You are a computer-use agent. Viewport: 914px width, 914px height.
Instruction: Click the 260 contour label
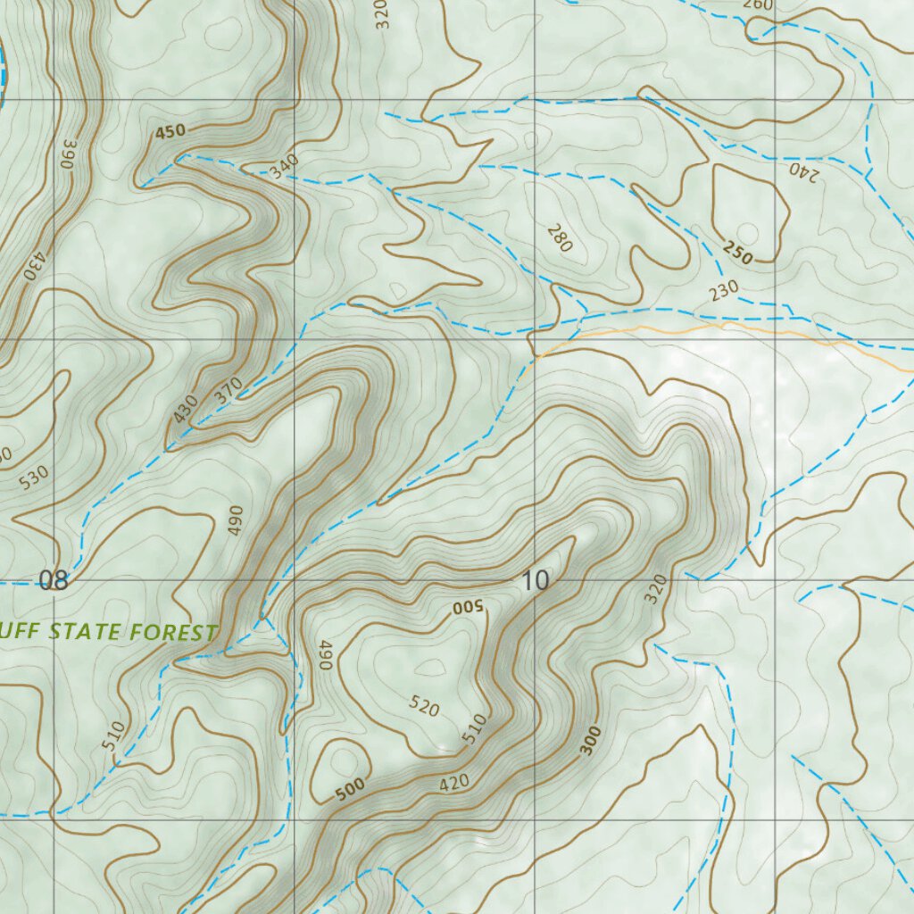click(x=758, y=5)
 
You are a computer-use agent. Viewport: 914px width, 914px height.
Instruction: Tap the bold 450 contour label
click(x=170, y=132)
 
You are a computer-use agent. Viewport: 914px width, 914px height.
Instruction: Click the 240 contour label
click(x=802, y=170)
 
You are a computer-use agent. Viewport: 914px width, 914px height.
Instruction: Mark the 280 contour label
click(x=559, y=238)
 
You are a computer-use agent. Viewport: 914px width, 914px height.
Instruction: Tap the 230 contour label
click(x=725, y=290)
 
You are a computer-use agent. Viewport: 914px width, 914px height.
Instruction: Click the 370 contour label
click(x=228, y=390)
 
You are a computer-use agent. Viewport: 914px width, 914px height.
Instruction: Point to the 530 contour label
click(x=35, y=478)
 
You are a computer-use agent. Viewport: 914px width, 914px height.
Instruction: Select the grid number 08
click(x=54, y=581)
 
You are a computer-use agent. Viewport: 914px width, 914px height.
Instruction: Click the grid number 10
click(x=535, y=581)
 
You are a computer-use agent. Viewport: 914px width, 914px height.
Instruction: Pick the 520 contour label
click(x=425, y=707)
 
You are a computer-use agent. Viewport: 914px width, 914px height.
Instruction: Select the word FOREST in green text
click(x=173, y=633)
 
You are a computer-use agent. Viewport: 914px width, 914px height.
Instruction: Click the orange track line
click(x=714, y=328)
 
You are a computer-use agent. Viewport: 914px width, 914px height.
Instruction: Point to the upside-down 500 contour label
click(x=466, y=609)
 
